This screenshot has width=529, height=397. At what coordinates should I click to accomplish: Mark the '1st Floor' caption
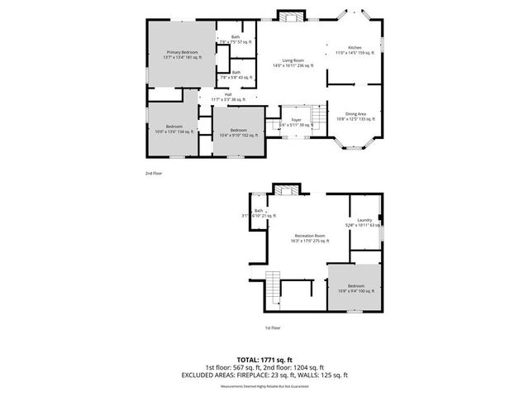tap(272, 328)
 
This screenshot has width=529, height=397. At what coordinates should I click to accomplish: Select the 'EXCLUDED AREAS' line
tap(264, 375)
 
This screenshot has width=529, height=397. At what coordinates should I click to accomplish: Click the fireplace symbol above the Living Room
tap(289, 17)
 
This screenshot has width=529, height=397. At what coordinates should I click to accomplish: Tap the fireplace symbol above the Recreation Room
tap(287, 190)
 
